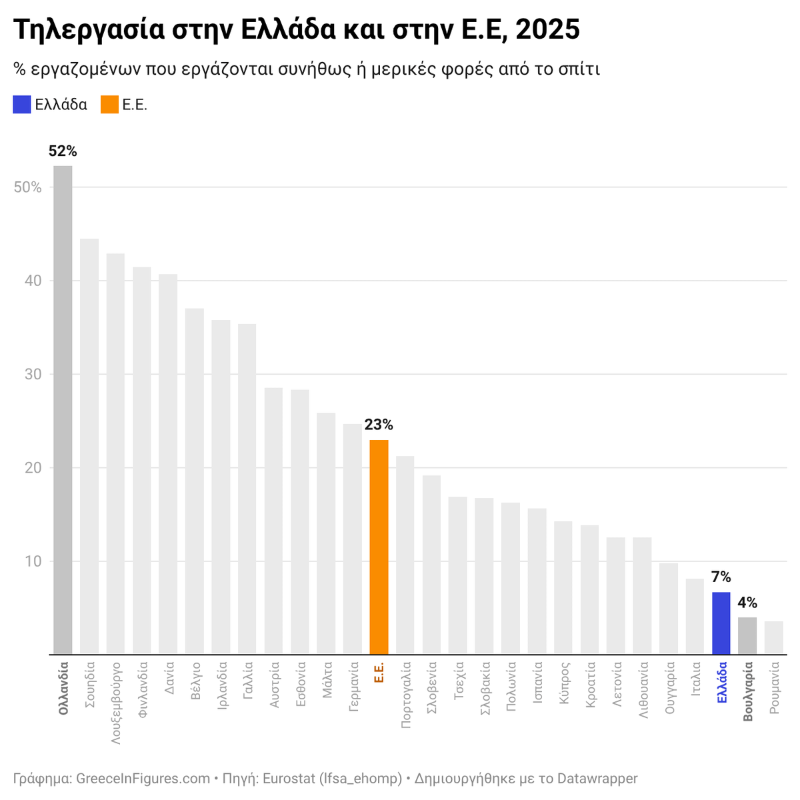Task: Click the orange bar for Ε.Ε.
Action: pos(379,547)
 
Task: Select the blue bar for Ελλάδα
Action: pos(721,623)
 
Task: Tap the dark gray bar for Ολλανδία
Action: pos(63,410)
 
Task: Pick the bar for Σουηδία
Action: pos(89,447)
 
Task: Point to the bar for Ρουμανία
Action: pos(773,638)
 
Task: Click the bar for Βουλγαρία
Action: pos(747,636)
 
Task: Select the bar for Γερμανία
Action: pos(352,539)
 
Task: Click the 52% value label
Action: pos(63,151)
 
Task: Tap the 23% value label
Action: pos(379,425)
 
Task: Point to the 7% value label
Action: pos(721,577)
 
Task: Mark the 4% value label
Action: pos(747,603)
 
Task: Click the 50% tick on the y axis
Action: pos(28,187)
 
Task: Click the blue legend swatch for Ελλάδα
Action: pos(22,105)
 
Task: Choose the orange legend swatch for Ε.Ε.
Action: pos(109,105)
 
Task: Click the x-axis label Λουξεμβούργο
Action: pos(116,703)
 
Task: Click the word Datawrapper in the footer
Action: pos(597,778)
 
